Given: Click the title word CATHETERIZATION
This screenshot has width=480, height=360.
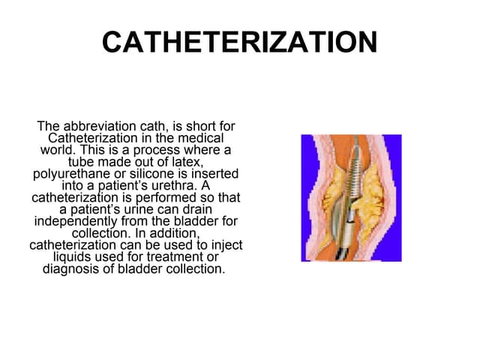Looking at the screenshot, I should (x=239, y=43).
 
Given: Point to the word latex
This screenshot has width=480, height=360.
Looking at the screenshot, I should (x=187, y=162).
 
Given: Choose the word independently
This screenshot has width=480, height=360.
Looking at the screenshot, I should (x=79, y=222).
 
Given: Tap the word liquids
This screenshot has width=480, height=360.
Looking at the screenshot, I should (x=73, y=258).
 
